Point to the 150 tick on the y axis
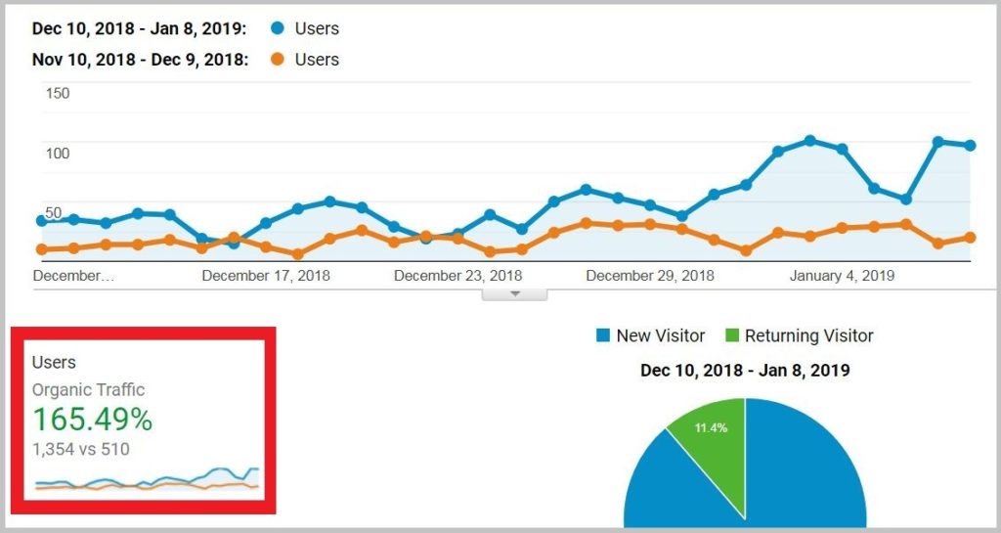click(58, 94)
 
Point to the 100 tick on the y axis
click(58, 154)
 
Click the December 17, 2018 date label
click(266, 276)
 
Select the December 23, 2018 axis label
click(457, 276)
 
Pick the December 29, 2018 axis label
click(650, 276)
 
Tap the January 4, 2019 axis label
click(842, 276)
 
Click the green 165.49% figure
click(93, 421)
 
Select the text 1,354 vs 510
click(81, 450)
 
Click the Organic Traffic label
click(89, 390)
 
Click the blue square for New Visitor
click(603, 336)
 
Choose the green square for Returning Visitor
click(732, 336)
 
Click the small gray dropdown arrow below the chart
click(515, 293)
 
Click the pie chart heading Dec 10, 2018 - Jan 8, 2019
click(745, 371)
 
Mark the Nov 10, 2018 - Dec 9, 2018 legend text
click(139, 60)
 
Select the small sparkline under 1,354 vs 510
click(147, 479)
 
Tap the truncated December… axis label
click(73, 276)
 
